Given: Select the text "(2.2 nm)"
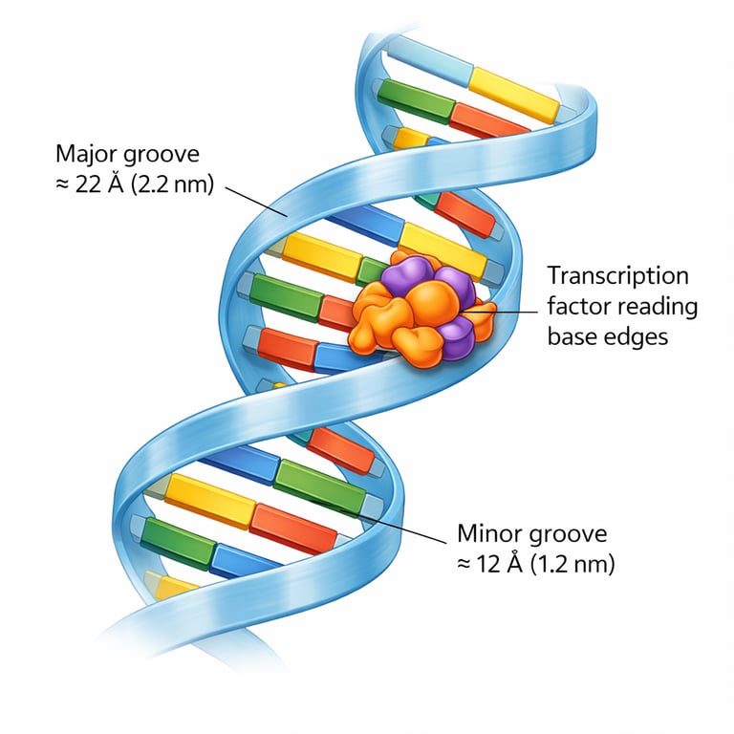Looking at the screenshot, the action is coord(172,183).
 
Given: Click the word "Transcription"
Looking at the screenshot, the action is coord(617,276).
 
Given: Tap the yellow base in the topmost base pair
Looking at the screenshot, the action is coord(512,94).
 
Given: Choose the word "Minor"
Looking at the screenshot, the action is coord(484,533).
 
